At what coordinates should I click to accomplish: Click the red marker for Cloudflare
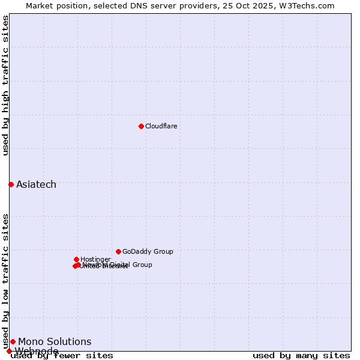[141, 126]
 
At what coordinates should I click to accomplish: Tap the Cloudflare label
[161, 126]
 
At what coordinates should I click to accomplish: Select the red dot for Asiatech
[11, 184]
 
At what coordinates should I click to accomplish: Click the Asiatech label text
[36, 184]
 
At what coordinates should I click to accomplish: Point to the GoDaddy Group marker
[118, 251]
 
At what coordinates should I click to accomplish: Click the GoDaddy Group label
[147, 251]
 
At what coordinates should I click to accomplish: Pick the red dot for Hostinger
[76, 259]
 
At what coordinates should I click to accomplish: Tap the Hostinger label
[95, 259]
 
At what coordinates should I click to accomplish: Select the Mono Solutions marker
[13, 341]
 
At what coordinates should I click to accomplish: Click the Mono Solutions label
[55, 341]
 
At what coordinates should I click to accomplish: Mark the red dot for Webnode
[9, 351]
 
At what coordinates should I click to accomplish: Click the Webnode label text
[37, 351]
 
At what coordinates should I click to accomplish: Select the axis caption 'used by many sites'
[301, 356]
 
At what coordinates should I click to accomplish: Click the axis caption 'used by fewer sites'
[62, 356]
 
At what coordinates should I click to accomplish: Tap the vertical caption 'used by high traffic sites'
[5, 85]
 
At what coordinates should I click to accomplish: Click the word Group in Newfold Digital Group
[142, 265]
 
